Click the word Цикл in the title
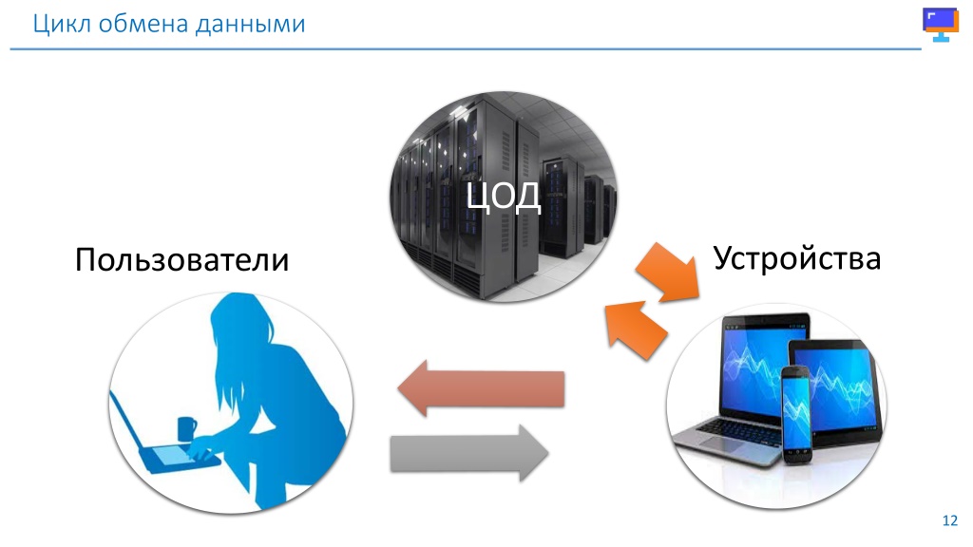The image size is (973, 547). [62, 25]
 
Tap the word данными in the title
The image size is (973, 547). [250, 25]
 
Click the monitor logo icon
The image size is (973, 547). [941, 24]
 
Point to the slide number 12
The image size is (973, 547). [950, 520]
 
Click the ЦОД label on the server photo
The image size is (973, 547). [504, 196]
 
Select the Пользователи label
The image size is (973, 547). [181, 259]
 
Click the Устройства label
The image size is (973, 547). [797, 258]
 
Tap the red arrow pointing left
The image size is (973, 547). [482, 388]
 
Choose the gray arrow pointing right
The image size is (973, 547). [469, 453]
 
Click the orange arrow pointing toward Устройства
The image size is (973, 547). [668, 273]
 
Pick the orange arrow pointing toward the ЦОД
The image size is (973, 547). [636, 330]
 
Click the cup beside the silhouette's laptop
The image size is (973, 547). [186, 428]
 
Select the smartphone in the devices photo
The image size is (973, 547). [797, 414]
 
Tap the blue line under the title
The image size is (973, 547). [466, 49]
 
